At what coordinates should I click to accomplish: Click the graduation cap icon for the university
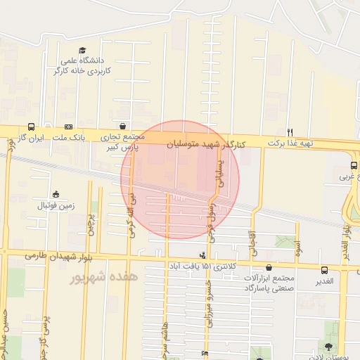pos(83,51)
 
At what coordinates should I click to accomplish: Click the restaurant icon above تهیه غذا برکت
pos(290,132)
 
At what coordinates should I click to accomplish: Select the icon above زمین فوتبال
pos(56,194)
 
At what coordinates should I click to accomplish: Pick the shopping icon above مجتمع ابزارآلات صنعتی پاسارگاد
pos(271,267)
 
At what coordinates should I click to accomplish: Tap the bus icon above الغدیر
pos(325,270)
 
